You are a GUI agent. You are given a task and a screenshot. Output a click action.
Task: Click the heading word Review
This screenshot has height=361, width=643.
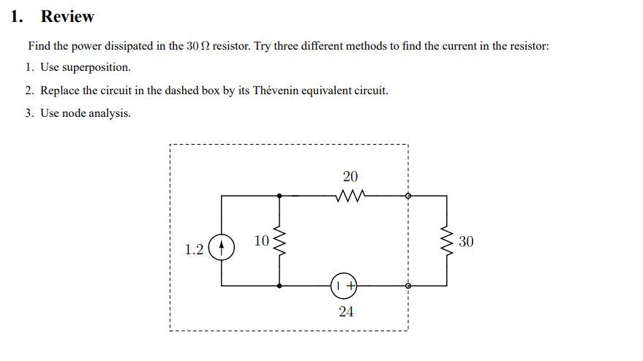point(67,17)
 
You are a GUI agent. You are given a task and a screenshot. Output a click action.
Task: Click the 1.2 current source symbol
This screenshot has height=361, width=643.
point(222,248)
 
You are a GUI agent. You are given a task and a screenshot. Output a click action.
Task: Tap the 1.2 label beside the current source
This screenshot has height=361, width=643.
point(195,250)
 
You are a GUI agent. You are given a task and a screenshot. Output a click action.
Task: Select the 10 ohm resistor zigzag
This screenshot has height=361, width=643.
point(279,240)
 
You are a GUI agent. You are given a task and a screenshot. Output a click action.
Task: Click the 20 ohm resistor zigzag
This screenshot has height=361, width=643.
point(349,196)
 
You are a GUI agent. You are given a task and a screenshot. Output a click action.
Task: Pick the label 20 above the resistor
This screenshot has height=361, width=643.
point(350,177)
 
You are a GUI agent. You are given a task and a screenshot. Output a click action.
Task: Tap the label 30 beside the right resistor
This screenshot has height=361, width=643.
point(466,241)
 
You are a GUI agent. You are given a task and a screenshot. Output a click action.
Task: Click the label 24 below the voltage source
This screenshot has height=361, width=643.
point(347,311)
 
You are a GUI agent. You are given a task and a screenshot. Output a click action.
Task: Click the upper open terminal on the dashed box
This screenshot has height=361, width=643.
point(408,196)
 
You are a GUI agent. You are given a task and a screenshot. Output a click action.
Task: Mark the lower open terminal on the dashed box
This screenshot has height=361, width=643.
point(408,286)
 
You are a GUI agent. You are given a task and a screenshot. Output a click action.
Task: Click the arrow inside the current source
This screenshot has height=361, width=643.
point(222,248)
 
